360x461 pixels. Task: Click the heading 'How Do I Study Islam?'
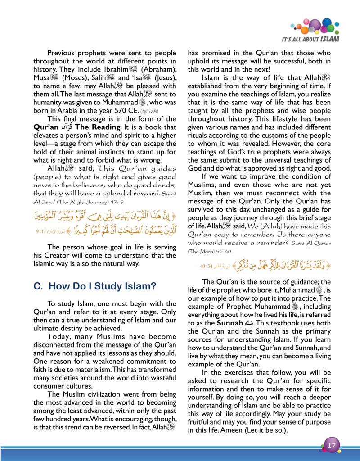pyautogui.click(x=95, y=286)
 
